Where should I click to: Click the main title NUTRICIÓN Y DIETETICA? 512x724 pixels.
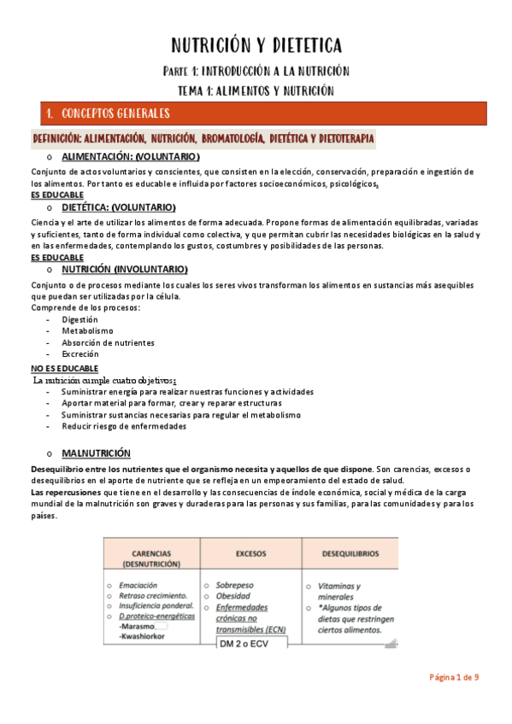pos(256,45)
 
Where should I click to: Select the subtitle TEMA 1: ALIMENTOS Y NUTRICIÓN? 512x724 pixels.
pos(256,90)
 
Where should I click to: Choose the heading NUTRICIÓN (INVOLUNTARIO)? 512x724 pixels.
pos(131,269)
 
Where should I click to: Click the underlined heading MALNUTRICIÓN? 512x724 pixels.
pos(96,452)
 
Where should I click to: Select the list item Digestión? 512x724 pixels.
pos(79,319)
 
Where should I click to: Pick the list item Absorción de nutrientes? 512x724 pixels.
pos(108,342)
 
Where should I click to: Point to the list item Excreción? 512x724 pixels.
pos(80,353)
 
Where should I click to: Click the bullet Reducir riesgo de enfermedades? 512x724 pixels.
pos(123,426)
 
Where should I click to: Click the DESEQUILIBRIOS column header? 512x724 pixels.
pos(350,553)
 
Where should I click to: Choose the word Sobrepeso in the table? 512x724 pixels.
pos(235,586)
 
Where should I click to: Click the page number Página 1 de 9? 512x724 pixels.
pos(453,677)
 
